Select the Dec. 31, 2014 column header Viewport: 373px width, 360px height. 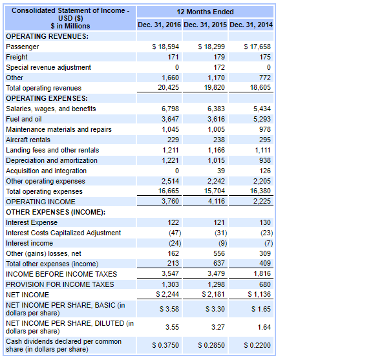click(x=251, y=25)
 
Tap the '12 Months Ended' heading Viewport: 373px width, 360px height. click(x=206, y=12)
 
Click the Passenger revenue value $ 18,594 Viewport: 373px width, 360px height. click(x=165, y=47)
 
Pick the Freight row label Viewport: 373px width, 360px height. click(x=17, y=57)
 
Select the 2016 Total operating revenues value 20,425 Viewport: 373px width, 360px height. click(x=168, y=88)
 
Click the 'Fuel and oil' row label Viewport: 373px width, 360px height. click(x=23, y=119)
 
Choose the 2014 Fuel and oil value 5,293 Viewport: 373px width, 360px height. click(x=262, y=119)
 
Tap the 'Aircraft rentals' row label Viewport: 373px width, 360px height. click(x=28, y=140)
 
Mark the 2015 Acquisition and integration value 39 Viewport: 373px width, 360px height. click(x=220, y=171)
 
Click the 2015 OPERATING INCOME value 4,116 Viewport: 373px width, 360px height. click(x=216, y=202)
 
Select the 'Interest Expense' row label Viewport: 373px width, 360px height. click(x=31, y=222)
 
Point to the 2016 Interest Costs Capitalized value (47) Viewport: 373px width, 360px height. click(x=171, y=233)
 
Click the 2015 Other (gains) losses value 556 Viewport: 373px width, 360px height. click(x=218, y=253)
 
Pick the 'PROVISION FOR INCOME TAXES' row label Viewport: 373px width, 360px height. click(x=59, y=284)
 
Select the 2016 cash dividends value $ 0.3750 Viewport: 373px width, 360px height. click(x=165, y=345)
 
